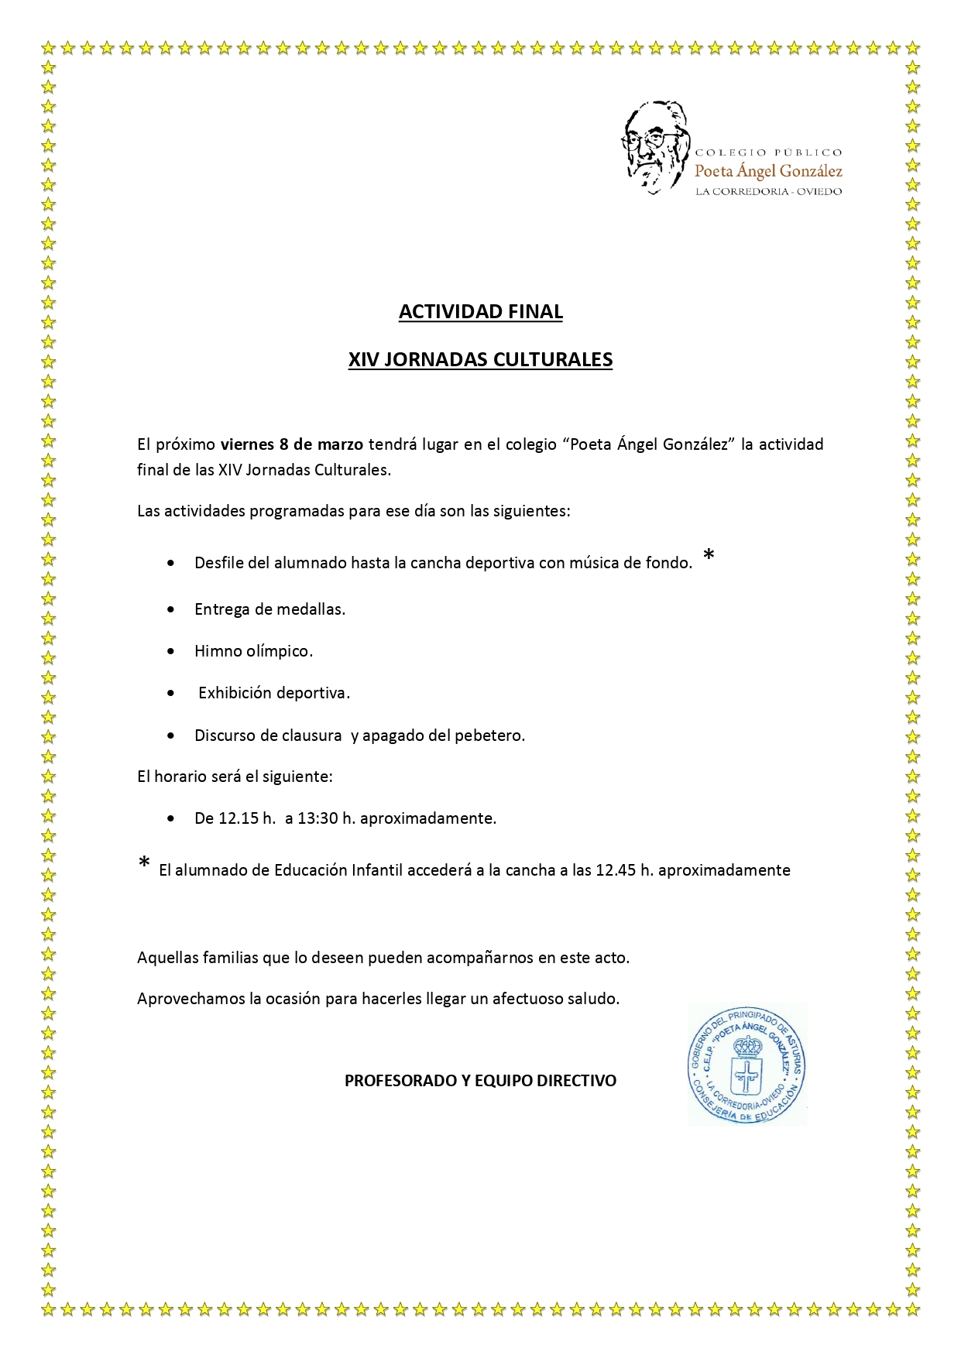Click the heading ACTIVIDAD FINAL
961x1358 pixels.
tap(480, 311)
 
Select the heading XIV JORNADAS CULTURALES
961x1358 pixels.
tap(480, 359)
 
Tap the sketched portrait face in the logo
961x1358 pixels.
tap(654, 146)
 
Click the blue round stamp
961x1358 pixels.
tap(746, 1064)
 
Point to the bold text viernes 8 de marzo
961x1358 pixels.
tap(291, 444)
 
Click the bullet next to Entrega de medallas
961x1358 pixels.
tap(171, 610)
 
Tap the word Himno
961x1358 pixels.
tap(218, 651)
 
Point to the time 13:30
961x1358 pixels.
tap(317, 818)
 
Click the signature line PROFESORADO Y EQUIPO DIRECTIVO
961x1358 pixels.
tap(480, 1081)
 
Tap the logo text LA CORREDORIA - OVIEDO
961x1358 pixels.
tap(768, 191)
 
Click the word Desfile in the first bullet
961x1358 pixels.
tap(219, 563)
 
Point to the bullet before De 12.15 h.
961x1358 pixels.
tap(171, 818)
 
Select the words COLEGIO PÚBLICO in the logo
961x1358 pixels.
tap(768, 153)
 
